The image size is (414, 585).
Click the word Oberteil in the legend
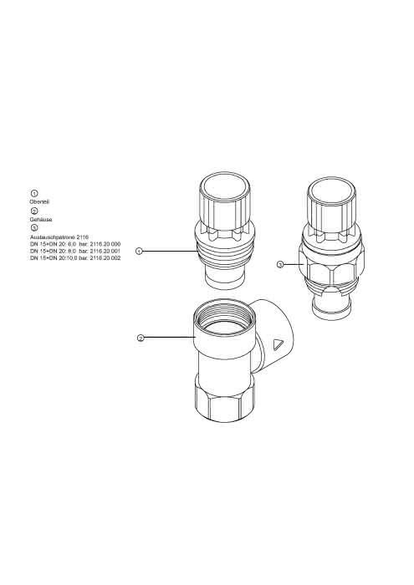[x=39, y=202]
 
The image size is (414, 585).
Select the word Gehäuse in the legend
[x=41, y=219]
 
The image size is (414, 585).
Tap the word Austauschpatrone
[x=52, y=237]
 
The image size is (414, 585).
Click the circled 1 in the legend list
[x=34, y=193]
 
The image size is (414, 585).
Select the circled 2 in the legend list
[x=34, y=211]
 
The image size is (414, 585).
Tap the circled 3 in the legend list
[x=34, y=227]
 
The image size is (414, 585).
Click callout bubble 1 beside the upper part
[x=139, y=251]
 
